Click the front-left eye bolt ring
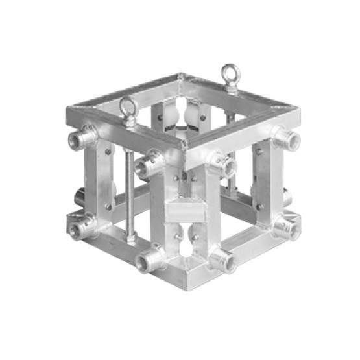tap(126, 107)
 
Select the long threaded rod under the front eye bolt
tap(132, 195)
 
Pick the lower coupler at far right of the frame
tap(286, 227)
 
